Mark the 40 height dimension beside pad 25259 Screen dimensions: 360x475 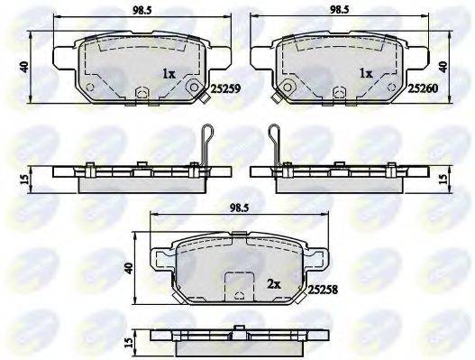[x=28, y=66]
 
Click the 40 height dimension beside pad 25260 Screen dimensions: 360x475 [x=443, y=66]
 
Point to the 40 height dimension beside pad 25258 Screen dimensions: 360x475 [x=130, y=268]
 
